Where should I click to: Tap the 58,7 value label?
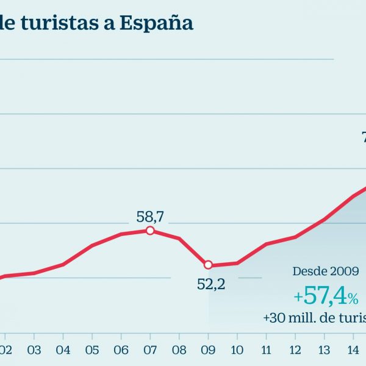tap(151, 216)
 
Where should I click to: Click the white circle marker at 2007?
tap(150, 231)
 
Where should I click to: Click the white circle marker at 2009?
tap(208, 265)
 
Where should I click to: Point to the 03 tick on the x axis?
tap(34, 350)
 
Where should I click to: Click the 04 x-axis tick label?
tap(63, 350)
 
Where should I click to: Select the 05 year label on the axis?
tap(92, 350)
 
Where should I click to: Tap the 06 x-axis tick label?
tap(121, 350)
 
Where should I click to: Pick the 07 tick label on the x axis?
tap(150, 350)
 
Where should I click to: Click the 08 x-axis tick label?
tap(179, 350)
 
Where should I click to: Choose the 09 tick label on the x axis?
tap(208, 350)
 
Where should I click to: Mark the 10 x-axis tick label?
tap(237, 350)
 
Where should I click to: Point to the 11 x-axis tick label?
tap(267, 350)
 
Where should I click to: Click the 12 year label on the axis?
tap(295, 350)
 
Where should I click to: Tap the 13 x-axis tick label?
tap(325, 350)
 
